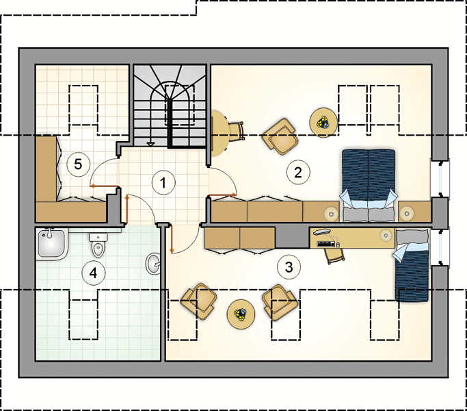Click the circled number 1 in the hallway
point(163,182)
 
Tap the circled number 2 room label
point(298,172)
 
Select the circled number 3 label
point(289,267)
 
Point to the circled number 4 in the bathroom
point(94,273)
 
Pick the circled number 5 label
point(78,164)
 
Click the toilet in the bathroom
point(98,245)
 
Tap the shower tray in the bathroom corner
point(51,244)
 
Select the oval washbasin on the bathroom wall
point(153,263)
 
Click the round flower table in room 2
point(323,123)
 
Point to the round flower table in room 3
point(241,314)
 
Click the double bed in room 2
point(369,186)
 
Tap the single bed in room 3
point(412,265)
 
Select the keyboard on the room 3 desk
point(326,245)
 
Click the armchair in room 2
point(280,136)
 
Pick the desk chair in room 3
point(334,256)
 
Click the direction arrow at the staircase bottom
point(151,145)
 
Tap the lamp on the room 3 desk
point(386,235)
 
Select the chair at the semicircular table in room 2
point(236,131)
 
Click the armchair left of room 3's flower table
point(199,301)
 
